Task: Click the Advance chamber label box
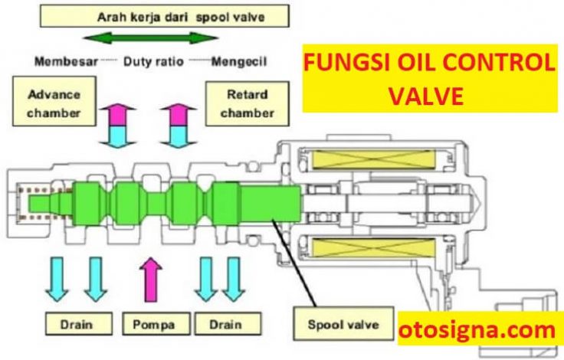(x=54, y=101)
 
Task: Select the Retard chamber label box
(x=247, y=103)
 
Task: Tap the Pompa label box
(x=156, y=324)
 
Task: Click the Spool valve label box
(x=343, y=324)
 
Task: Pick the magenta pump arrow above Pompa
(x=151, y=280)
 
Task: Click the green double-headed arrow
(x=150, y=38)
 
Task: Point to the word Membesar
(x=66, y=61)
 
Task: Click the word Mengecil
(x=239, y=62)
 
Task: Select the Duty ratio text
(x=153, y=61)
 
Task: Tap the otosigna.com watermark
(x=477, y=329)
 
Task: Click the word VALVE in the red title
(x=426, y=95)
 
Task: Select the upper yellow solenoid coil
(x=374, y=159)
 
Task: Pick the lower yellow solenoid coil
(x=374, y=248)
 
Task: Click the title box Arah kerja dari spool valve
(x=165, y=16)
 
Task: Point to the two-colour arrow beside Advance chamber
(x=117, y=126)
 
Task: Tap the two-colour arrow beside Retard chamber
(x=179, y=126)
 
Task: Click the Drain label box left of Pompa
(x=79, y=324)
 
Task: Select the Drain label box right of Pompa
(x=228, y=324)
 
